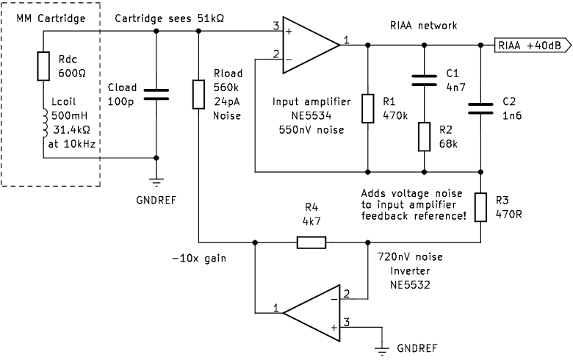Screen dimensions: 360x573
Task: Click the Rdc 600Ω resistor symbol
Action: pos(43,65)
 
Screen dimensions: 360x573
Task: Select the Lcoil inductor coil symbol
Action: pos(43,123)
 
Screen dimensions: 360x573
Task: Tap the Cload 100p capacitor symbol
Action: pos(156,93)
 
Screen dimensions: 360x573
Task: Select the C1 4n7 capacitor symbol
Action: pos(424,79)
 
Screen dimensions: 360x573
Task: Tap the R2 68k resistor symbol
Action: pos(424,137)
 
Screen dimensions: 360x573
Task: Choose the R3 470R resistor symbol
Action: pos(480,206)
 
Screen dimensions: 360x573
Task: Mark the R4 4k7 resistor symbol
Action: pos(311,240)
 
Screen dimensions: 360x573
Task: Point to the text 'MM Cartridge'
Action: pos(50,17)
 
